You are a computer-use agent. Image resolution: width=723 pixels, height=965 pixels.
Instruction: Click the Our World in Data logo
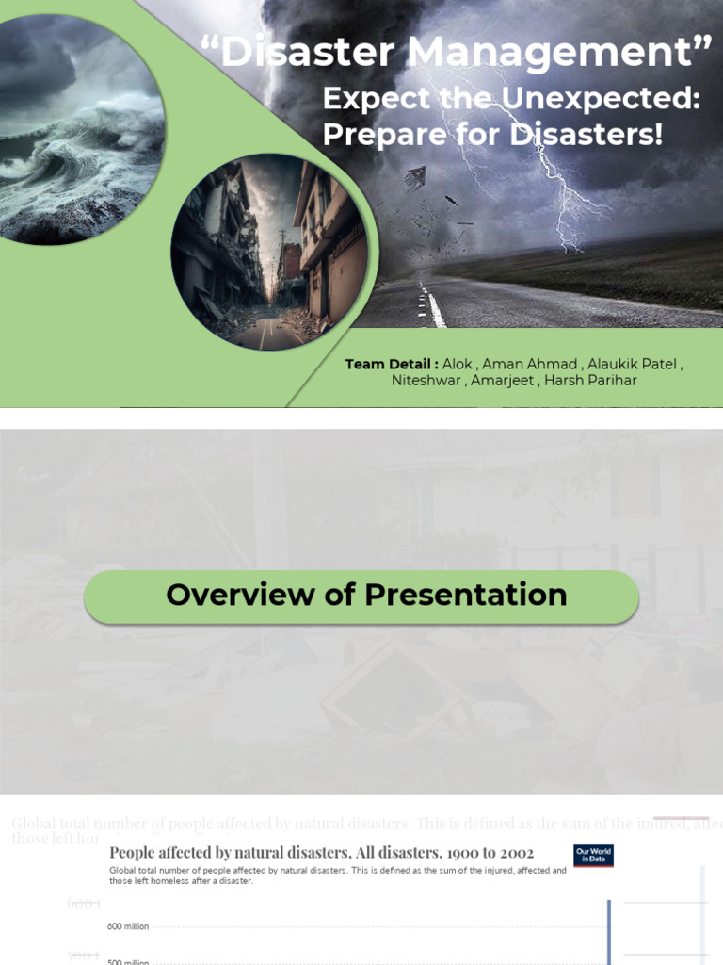593,856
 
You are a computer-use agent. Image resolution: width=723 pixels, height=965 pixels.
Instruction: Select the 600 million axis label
128,926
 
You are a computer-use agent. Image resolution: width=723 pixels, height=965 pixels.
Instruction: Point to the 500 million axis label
128,961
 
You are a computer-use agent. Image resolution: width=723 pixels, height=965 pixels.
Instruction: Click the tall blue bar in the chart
608,932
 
